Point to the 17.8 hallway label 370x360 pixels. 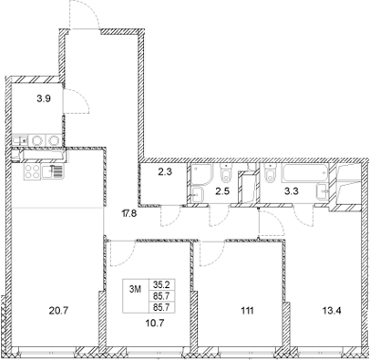(x=129, y=215)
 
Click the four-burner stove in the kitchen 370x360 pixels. (x=28, y=170)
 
